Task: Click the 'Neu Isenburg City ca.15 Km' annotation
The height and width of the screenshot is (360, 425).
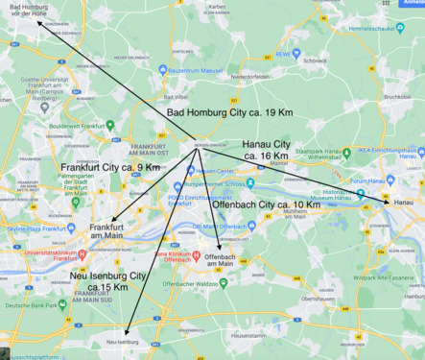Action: pos(109,281)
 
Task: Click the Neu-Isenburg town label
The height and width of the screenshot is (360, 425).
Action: pos(123,341)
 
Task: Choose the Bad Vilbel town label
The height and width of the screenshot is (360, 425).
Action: pos(176,97)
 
